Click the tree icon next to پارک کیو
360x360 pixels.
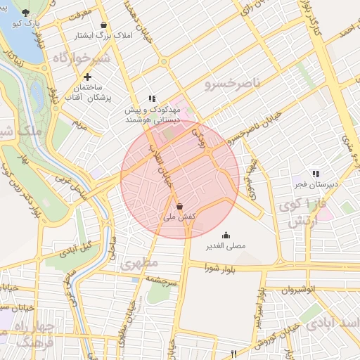point(27,13)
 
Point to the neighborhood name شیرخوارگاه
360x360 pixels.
point(81,58)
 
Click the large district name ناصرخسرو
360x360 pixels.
point(232,84)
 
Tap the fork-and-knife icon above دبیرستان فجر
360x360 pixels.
point(316,173)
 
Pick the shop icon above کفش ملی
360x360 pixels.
point(180,207)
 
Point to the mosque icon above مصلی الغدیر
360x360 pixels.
point(226,235)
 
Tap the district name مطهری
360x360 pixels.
point(135,265)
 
